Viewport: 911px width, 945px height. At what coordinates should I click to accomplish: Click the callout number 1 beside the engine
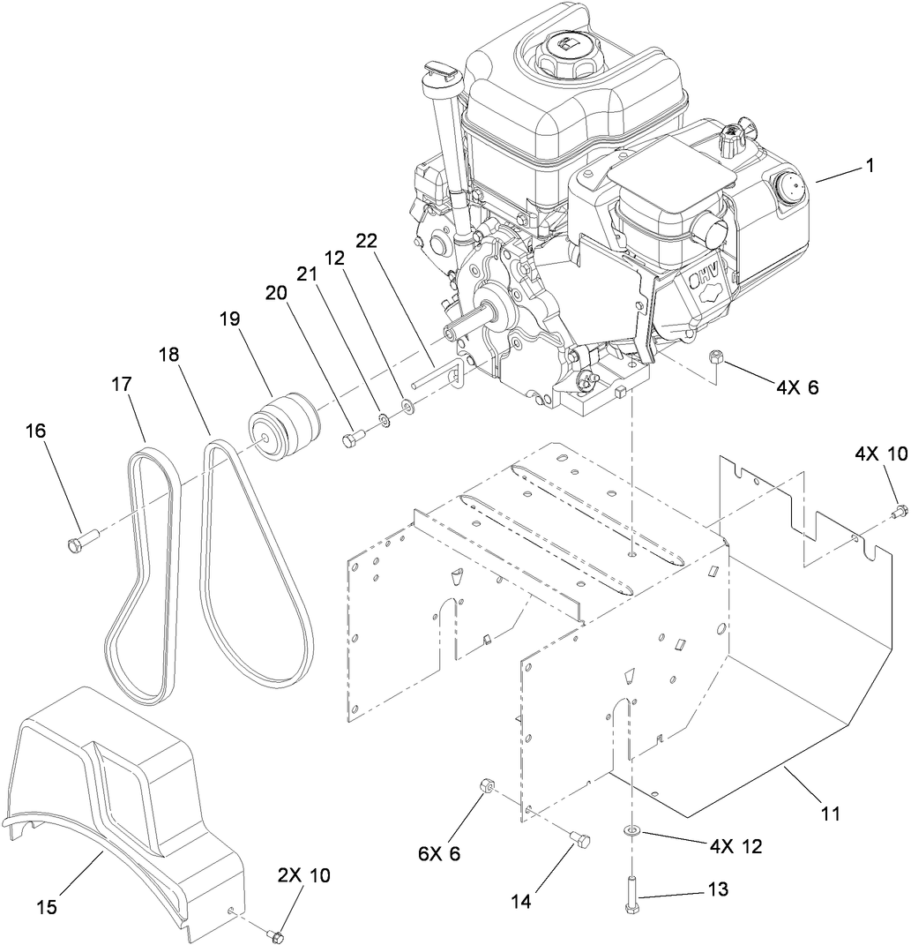coord(870,165)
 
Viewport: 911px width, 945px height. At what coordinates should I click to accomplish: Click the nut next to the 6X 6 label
coord(486,784)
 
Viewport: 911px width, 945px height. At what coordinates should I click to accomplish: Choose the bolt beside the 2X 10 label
coord(276,934)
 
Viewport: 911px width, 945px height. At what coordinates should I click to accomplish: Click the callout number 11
coord(830,809)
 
